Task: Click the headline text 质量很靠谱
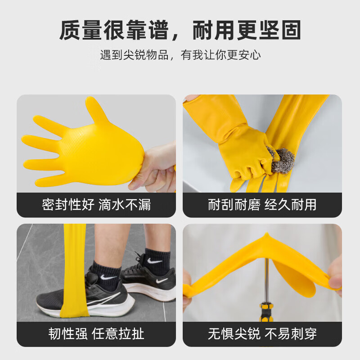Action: pos(114,30)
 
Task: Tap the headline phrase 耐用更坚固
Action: pos(247,30)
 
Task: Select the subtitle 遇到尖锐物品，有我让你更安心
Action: pos(180,55)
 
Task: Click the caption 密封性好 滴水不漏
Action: pos(96,205)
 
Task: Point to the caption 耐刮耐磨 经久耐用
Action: pos(262,205)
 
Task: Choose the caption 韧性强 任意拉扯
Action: pos(96,333)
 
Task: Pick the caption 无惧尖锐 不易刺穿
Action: pos(262,333)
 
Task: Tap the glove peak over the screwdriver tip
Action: pos(267,238)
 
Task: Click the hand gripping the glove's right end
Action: pos(335,277)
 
